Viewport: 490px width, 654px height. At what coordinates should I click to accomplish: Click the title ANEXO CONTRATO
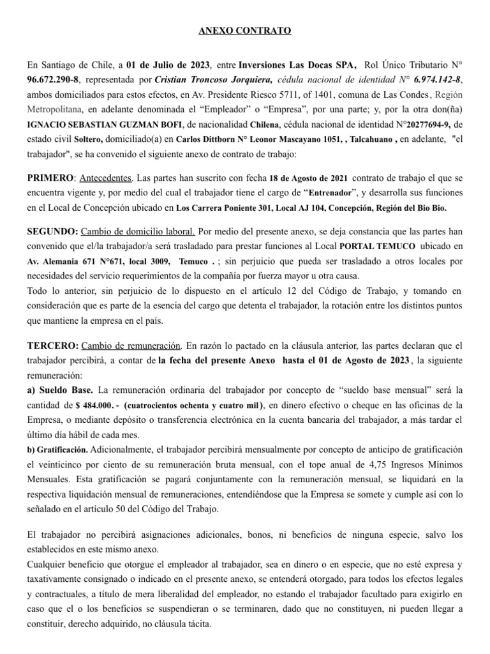245,30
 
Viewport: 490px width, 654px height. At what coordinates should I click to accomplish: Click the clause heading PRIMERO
50,177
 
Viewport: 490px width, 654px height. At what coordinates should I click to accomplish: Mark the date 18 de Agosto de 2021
307,177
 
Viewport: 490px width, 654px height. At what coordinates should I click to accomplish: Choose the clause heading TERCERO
53,346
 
